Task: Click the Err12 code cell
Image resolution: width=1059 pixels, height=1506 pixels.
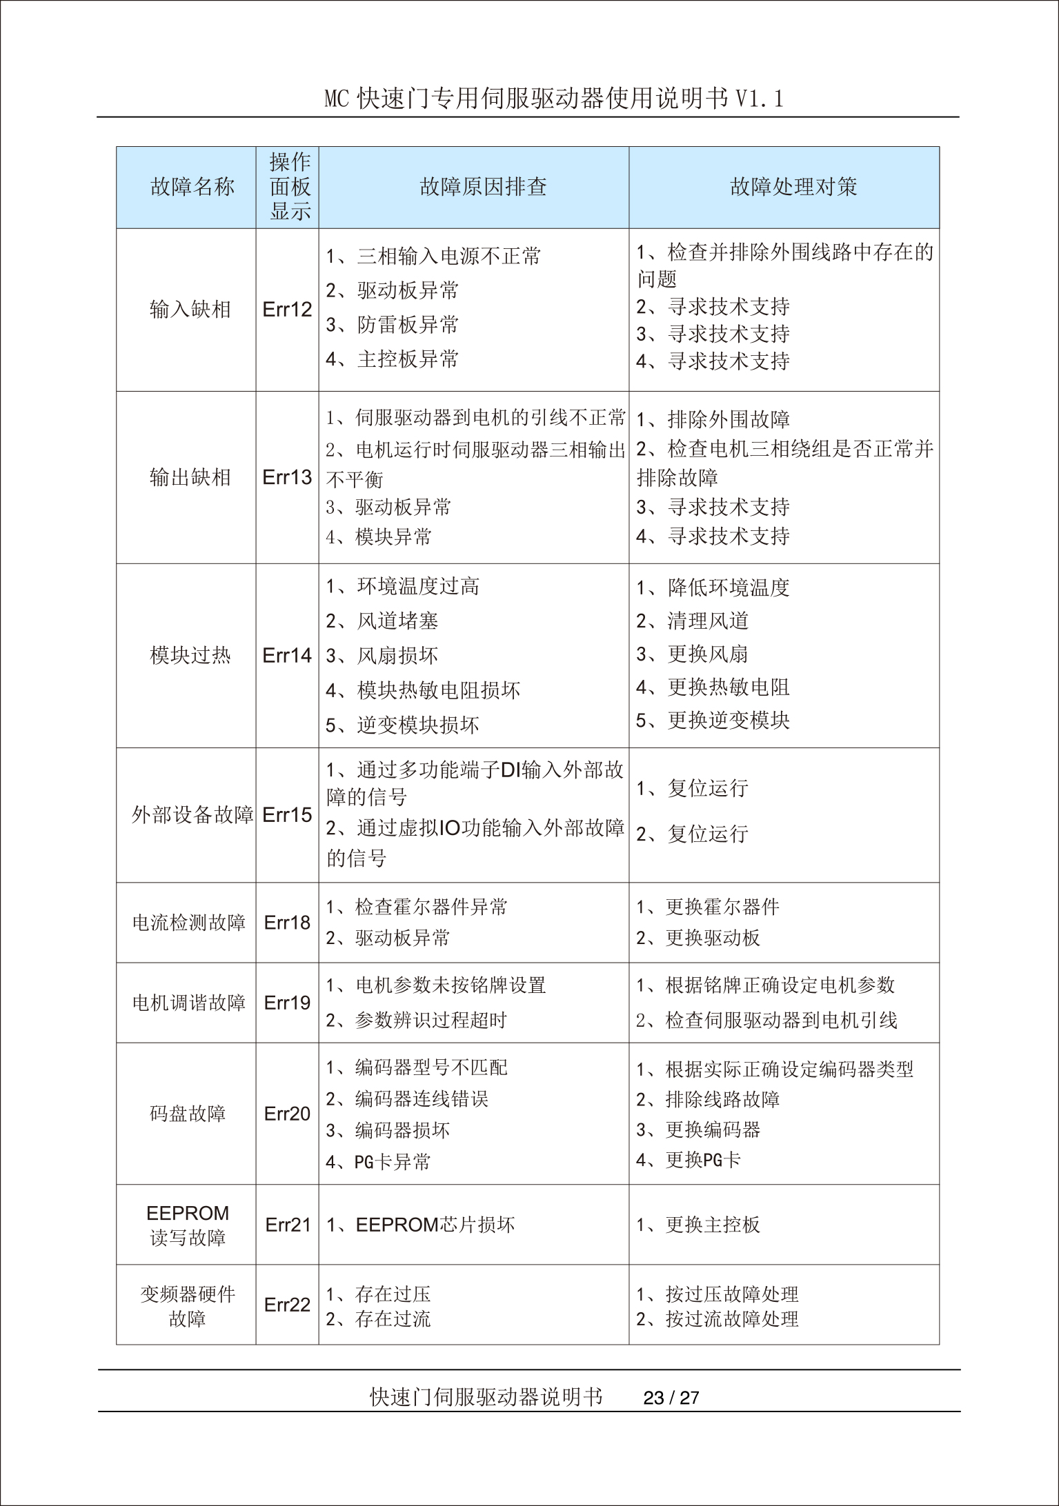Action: pos(287,310)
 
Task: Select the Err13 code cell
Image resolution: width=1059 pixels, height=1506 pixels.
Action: pos(287,477)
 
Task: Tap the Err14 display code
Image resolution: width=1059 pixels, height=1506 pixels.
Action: pos(287,655)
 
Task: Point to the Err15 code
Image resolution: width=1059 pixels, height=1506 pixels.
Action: pos(287,815)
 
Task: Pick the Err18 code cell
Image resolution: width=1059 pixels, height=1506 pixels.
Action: pos(287,923)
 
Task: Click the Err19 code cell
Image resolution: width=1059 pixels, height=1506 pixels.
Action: pos(287,1003)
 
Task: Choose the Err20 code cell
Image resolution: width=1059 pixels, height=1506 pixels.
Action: pos(287,1114)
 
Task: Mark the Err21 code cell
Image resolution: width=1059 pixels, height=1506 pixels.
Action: pos(288,1225)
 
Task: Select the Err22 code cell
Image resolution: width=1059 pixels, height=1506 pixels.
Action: pos(287,1305)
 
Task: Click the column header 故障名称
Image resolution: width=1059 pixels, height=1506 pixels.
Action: pos(192,187)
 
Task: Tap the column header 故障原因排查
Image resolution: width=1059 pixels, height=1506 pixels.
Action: pos(483,187)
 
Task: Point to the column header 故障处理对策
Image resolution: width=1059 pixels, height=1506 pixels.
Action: pos(793,187)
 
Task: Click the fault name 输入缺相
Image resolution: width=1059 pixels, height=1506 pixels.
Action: pos(190,310)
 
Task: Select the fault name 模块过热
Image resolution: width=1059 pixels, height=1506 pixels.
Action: pos(190,655)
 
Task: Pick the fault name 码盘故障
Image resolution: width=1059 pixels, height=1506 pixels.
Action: pos(188,1114)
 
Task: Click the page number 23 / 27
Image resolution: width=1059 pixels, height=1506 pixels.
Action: pos(671,1398)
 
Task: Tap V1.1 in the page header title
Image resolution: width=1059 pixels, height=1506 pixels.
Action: pos(759,99)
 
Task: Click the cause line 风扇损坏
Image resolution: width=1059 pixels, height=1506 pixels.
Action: pos(397,656)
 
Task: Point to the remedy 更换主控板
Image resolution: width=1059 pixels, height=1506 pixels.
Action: pos(712,1225)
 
